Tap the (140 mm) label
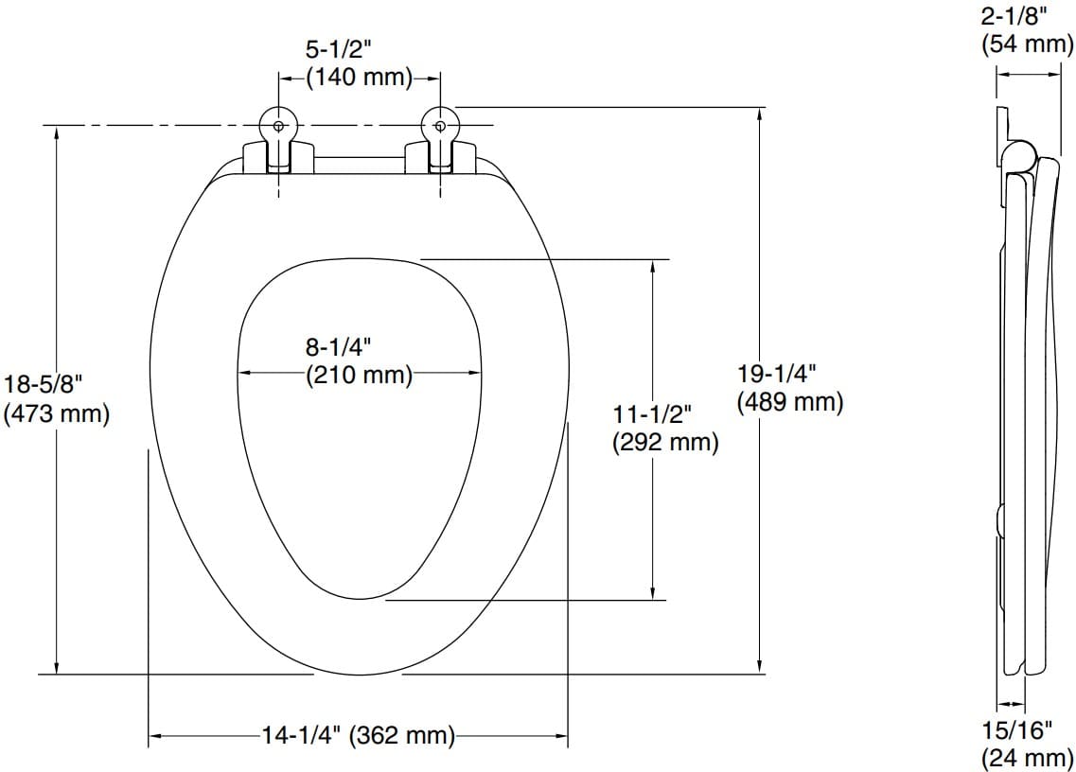tap(359, 79)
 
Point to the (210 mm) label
tap(359, 375)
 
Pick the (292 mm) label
tap(665, 442)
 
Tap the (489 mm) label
tap(790, 402)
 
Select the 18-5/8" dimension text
tap(44, 386)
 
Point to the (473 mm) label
tap(57, 413)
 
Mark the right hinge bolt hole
tap(440, 126)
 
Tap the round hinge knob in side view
tap(1017, 156)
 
